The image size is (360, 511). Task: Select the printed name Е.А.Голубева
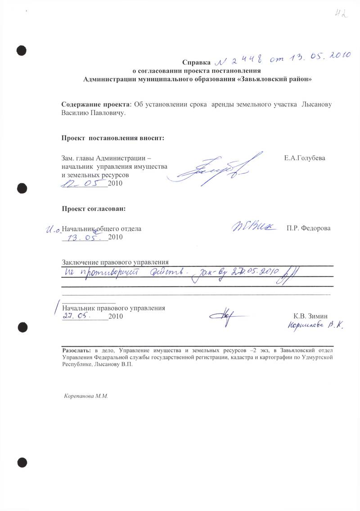[x=305, y=158]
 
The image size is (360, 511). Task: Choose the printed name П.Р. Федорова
[x=308, y=228]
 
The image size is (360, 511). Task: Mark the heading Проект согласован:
[x=94, y=208]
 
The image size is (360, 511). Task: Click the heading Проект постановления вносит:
[x=113, y=137]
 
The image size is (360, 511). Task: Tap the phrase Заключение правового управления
[x=115, y=262]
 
